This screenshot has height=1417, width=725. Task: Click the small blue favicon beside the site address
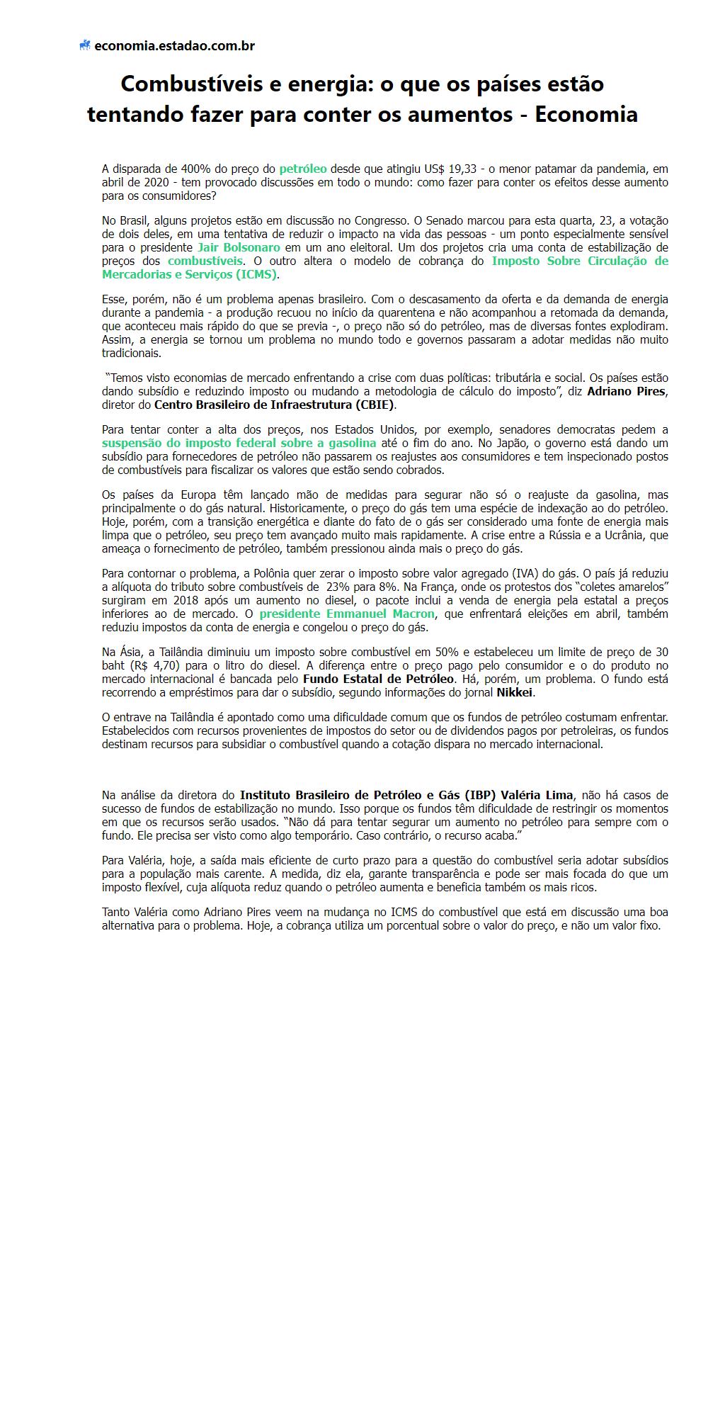85,46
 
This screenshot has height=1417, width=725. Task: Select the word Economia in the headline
586,114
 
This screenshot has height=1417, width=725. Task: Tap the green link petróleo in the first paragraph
303,169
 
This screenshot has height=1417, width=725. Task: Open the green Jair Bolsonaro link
239,248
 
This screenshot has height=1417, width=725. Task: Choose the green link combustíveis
205,261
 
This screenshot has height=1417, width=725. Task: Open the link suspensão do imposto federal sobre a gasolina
239,444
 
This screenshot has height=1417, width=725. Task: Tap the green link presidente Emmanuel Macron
347,614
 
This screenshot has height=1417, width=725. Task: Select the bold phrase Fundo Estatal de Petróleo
373,679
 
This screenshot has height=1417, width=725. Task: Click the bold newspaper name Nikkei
515,693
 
